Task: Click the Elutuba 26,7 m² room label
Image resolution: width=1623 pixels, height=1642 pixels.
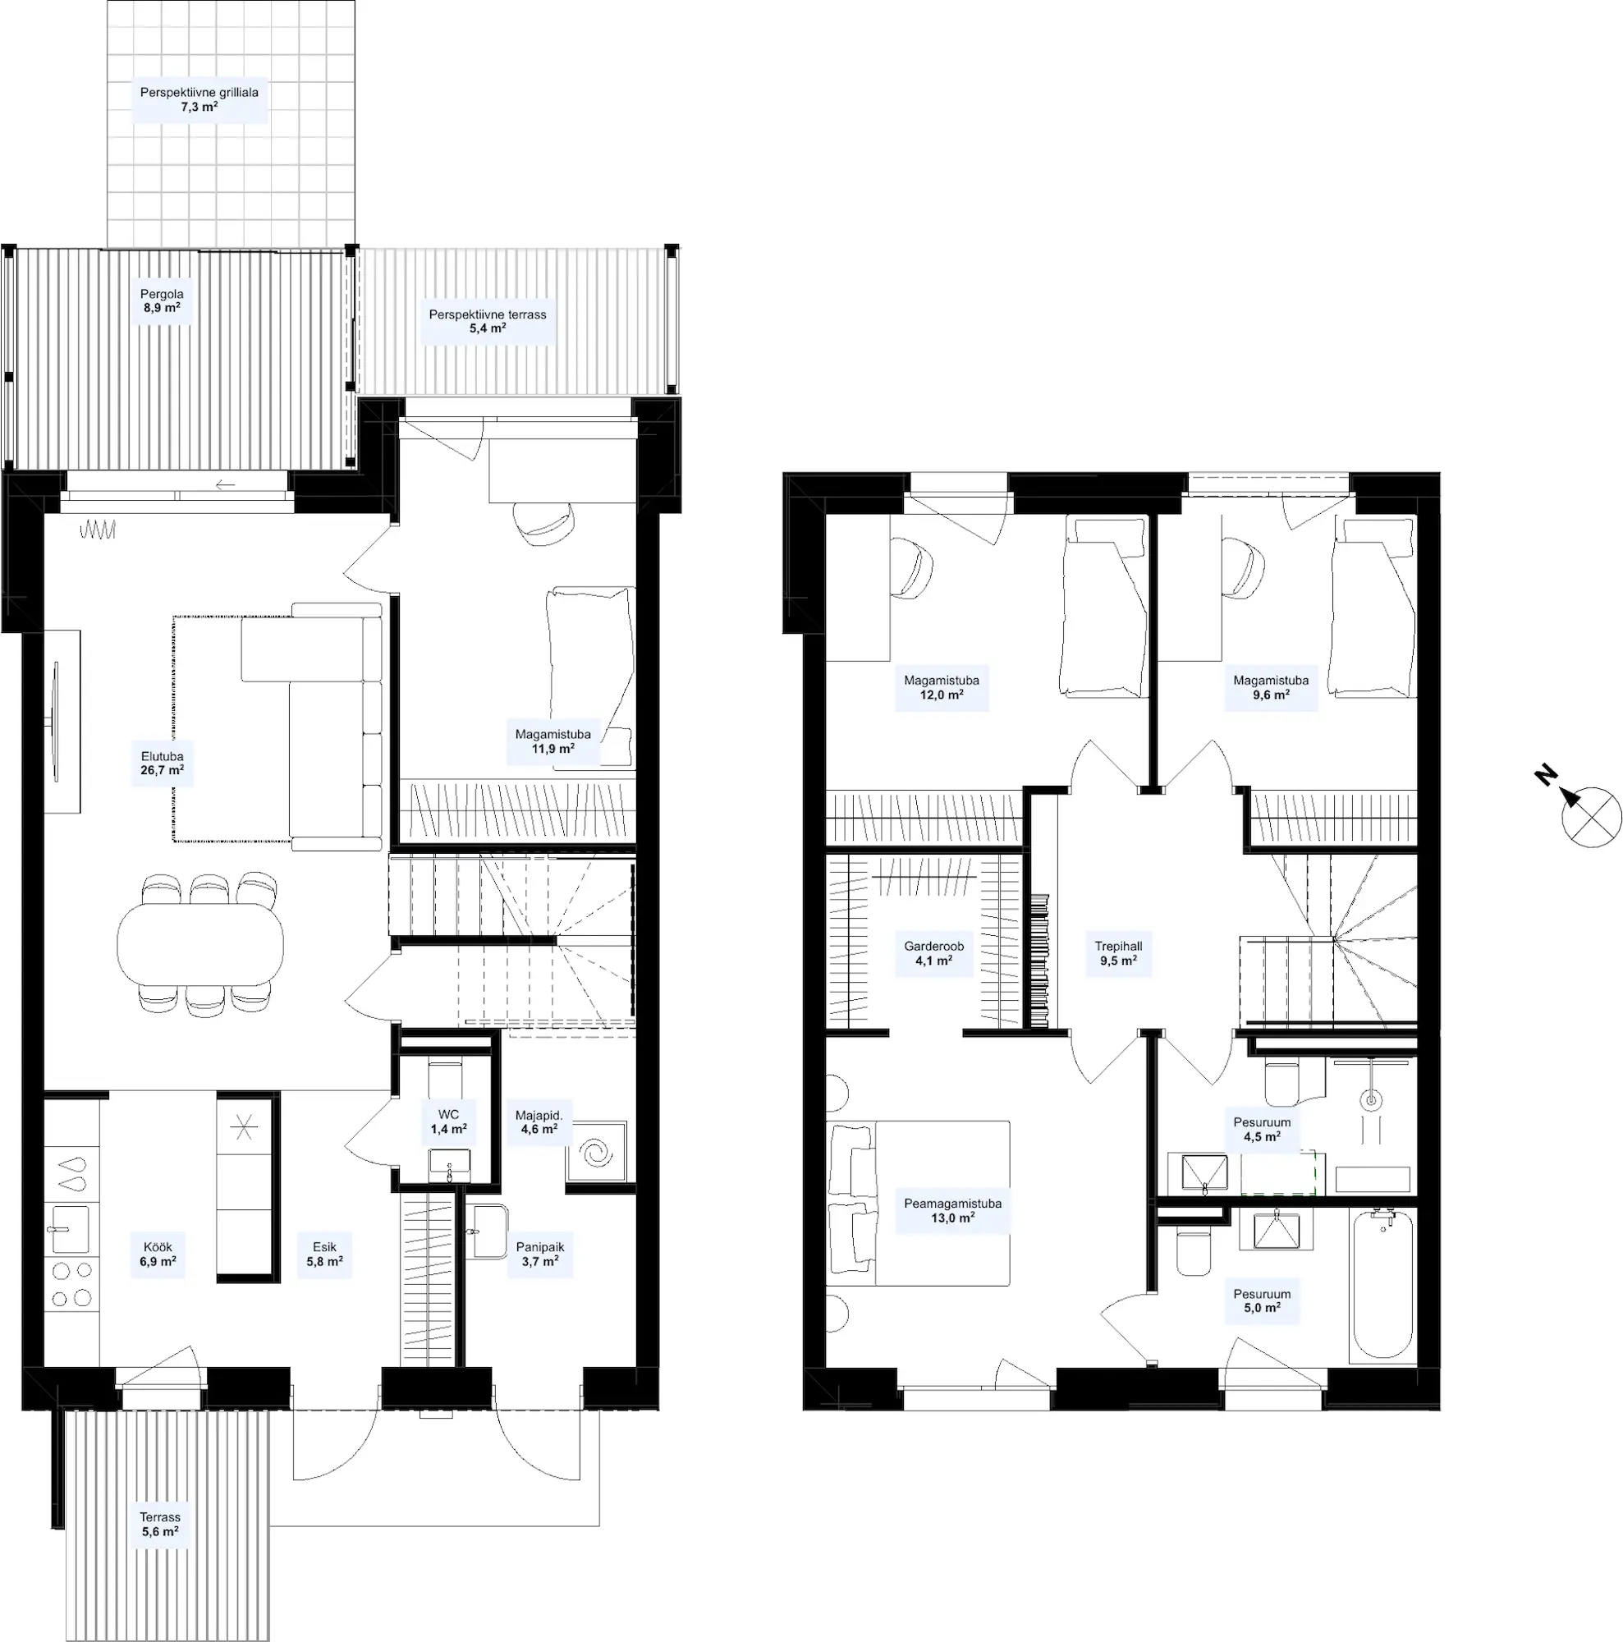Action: (x=163, y=764)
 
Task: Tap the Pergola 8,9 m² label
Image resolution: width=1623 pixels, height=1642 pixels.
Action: (x=162, y=300)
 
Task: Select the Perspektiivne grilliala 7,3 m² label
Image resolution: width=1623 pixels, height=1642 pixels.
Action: (x=199, y=99)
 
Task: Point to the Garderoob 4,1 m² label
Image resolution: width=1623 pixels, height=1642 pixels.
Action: (x=933, y=952)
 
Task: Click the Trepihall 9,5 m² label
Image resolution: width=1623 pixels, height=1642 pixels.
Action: (x=1118, y=952)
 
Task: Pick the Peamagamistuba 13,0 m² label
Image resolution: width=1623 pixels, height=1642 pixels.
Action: (x=952, y=1210)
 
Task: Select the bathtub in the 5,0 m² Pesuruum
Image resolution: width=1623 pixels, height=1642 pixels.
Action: (x=1382, y=1287)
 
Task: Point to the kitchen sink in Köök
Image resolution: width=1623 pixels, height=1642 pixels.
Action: (x=68, y=1229)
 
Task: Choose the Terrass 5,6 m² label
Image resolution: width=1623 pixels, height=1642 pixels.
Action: (x=160, y=1524)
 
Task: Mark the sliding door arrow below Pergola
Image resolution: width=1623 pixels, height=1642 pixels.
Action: (x=225, y=484)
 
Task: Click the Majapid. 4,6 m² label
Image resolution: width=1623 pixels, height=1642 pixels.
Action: (x=539, y=1121)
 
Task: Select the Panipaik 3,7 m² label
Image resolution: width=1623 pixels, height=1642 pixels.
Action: (x=539, y=1254)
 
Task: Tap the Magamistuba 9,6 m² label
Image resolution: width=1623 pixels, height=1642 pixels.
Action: (x=1270, y=686)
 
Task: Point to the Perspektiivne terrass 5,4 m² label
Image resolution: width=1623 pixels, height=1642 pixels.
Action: (x=488, y=320)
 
